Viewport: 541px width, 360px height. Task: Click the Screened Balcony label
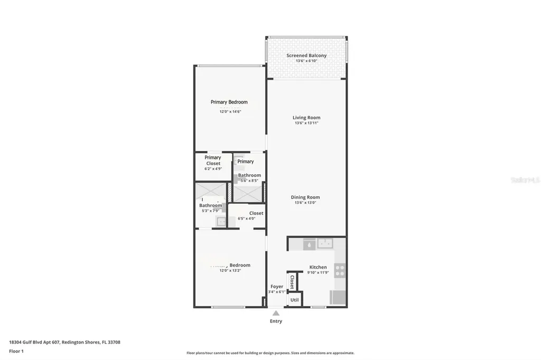[306, 55]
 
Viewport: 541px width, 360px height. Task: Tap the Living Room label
[306, 118]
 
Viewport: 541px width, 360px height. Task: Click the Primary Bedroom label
[229, 102]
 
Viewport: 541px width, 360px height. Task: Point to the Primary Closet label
[213, 160]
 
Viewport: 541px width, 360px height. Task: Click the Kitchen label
[318, 267]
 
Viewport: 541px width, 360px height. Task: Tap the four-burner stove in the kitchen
[340, 271]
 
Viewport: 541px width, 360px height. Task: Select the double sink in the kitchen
[324, 243]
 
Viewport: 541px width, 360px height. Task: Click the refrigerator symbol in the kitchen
[338, 298]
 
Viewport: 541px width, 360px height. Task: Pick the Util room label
[294, 300]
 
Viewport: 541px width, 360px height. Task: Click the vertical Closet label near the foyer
[292, 281]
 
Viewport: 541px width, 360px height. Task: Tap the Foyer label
[277, 287]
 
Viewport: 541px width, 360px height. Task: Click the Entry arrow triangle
[276, 313]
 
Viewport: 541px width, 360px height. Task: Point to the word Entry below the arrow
[276, 321]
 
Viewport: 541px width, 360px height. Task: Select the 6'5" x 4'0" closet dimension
[246, 219]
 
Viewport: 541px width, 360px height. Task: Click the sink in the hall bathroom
[221, 221]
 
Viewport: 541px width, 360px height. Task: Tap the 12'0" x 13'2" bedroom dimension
[230, 270]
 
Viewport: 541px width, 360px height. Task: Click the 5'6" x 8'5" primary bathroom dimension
[249, 181]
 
